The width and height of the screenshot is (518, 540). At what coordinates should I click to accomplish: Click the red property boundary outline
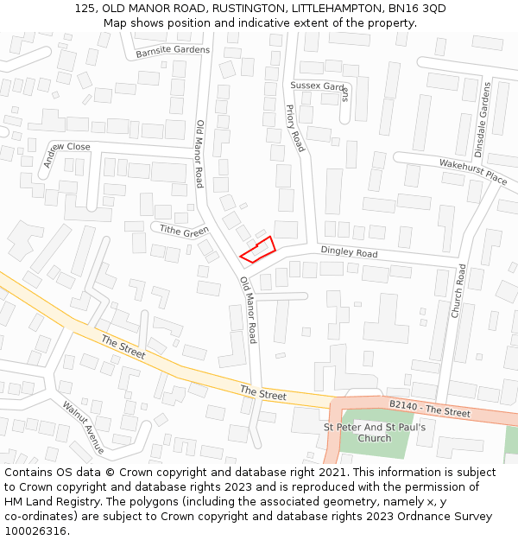pos(257,249)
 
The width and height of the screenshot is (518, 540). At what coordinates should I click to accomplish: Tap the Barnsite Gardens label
pos(173,50)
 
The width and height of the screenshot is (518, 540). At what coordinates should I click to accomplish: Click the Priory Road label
pos(295,128)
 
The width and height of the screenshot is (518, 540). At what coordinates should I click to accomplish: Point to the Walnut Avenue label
pos(83,427)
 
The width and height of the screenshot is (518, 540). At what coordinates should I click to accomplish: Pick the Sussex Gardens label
pos(319,86)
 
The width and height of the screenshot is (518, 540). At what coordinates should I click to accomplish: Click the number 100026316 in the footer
pos(35,530)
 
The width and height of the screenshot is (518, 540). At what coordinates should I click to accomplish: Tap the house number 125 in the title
pos(85,9)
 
